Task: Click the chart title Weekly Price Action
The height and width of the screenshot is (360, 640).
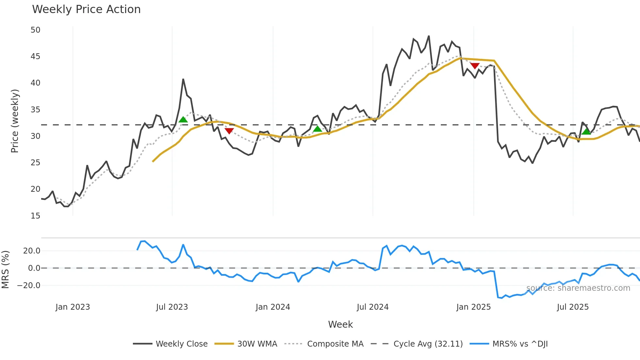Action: pos(86,9)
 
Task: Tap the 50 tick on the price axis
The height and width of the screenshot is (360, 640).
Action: pos(35,30)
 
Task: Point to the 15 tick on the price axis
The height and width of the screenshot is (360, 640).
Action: pos(35,216)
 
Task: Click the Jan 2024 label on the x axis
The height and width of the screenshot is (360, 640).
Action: pos(273,307)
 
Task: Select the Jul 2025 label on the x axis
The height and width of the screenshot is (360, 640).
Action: pos(573,307)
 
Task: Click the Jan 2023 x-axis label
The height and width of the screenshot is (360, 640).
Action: pos(72,307)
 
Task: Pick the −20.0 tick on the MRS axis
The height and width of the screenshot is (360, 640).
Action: pos(29,285)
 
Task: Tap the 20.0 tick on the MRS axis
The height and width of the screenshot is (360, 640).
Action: pos(32,251)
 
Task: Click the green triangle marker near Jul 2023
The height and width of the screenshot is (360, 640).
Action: pos(183,120)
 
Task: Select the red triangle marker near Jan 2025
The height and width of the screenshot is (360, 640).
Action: pos(475,66)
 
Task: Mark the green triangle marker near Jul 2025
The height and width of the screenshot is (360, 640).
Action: pos(586,132)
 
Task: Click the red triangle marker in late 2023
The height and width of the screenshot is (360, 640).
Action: pos(229,131)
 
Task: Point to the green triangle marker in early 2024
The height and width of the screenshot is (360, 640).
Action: pos(317,129)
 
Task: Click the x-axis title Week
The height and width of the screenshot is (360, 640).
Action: pos(340,324)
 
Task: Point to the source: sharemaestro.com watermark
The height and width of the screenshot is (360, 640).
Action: pos(578,288)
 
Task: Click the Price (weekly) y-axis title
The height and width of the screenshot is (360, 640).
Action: pos(15,121)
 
